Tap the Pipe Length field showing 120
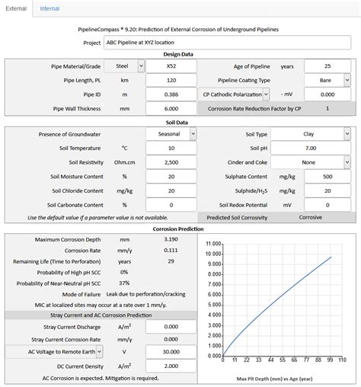pos(171,81)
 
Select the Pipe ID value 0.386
pos(171,94)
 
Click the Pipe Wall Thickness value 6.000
pos(171,109)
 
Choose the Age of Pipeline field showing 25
pos(327,66)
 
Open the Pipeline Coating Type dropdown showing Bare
pos(327,81)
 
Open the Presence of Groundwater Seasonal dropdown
pos(171,133)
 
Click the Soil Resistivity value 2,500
pos(171,162)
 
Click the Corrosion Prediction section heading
pos(179,228)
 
